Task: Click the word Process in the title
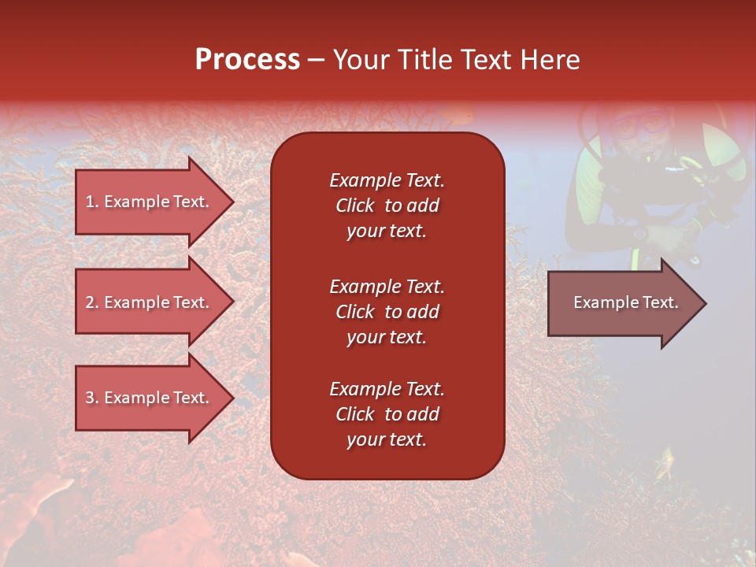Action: (x=247, y=60)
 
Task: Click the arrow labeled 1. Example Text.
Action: (x=150, y=202)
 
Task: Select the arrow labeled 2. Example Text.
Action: (x=150, y=302)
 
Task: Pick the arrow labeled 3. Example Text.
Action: (x=150, y=398)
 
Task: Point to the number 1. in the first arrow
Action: (x=91, y=202)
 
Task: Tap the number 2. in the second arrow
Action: (x=92, y=302)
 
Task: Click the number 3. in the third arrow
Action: (x=92, y=398)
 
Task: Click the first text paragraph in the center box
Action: (x=387, y=206)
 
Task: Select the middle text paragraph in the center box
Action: (x=387, y=312)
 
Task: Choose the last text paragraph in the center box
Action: (x=387, y=414)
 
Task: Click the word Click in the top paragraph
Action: (x=354, y=206)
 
